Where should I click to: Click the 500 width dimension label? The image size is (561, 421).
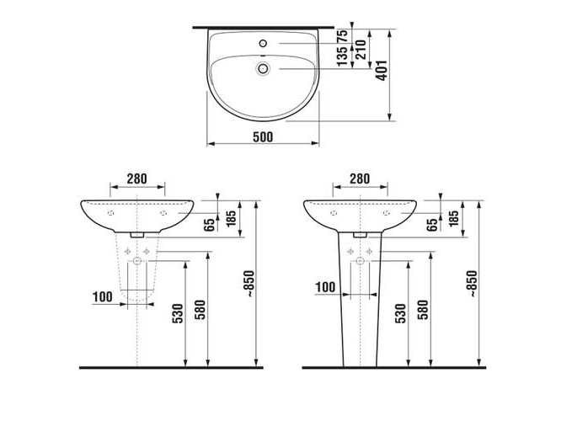[263, 136]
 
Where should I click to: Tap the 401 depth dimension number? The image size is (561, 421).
[382, 71]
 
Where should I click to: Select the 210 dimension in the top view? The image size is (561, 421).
[361, 50]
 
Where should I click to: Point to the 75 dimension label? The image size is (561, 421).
[342, 35]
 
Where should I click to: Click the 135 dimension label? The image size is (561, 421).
[342, 56]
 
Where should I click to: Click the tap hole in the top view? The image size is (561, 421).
[264, 43]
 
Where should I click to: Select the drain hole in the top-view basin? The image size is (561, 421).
[264, 68]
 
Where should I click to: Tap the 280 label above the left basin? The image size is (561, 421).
[137, 179]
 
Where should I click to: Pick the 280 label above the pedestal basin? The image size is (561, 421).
[360, 179]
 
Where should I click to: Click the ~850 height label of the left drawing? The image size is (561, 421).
[249, 284]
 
